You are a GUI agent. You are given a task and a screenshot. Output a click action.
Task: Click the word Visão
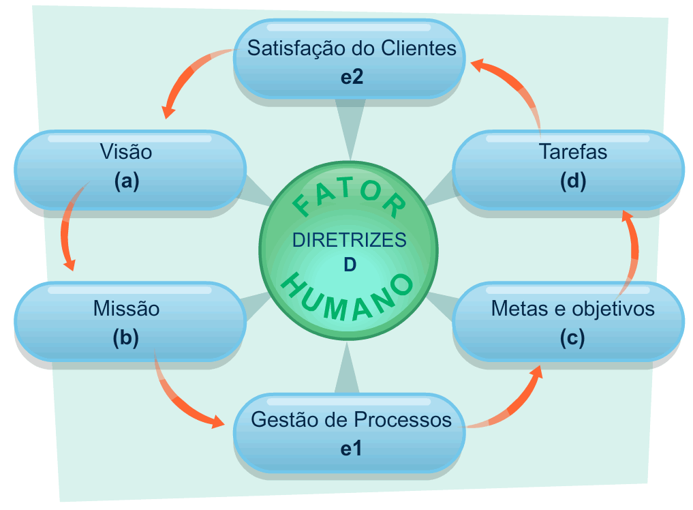point(125,151)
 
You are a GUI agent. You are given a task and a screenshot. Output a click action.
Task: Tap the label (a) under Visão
point(127,181)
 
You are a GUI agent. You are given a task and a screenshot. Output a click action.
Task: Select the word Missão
point(126,309)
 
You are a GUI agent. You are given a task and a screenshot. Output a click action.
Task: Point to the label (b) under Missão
point(126,339)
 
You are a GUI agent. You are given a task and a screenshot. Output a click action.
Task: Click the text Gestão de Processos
point(351,420)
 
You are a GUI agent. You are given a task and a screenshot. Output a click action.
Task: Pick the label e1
point(352,449)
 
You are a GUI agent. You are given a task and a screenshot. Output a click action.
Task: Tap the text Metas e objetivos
point(572,309)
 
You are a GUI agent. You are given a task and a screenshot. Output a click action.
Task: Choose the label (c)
point(572,339)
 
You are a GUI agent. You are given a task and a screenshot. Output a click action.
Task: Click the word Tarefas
point(572,151)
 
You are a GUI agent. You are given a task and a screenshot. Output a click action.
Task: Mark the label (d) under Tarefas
point(572,181)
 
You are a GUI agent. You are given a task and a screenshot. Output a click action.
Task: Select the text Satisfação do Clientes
point(352,49)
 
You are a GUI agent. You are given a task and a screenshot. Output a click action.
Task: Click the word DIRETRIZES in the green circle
point(349,240)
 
